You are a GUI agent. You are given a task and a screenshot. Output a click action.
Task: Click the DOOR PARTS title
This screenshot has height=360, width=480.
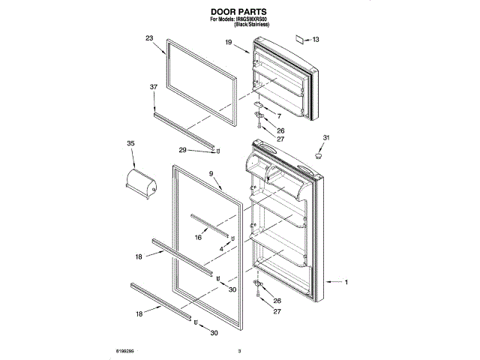coord(239,12)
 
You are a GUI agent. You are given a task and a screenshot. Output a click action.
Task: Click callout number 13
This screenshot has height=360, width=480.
coord(316,39)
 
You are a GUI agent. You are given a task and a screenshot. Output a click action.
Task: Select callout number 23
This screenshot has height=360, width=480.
coord(149,37)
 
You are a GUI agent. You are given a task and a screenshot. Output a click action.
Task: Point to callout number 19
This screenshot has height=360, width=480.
coord(228,44)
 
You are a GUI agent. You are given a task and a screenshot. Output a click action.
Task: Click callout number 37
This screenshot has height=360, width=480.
coord(153,87)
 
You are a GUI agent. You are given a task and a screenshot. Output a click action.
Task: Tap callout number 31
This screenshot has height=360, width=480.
coord(326,137)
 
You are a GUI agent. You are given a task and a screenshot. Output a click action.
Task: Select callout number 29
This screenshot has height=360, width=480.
coord(182,151)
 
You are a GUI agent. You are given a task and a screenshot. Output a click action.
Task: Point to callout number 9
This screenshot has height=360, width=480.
coord(211,174)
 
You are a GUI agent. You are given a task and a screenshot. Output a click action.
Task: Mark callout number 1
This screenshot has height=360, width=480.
coord(346,283)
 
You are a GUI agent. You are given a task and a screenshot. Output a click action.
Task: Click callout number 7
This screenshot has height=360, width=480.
coord(278,117)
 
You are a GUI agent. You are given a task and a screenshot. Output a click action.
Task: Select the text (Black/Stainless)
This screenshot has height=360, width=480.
coord(252,25)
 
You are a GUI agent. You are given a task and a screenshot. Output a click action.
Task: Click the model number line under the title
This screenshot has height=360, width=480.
coord(239,20)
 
